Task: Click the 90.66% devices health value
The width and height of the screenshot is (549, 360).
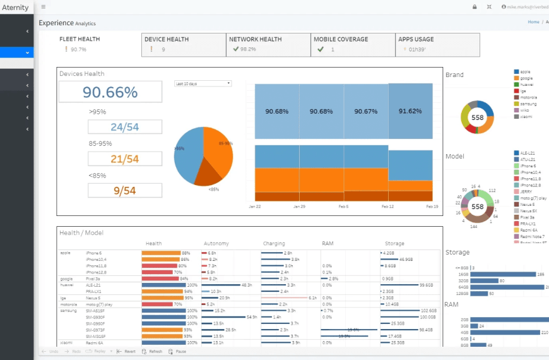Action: (x=110, y=92)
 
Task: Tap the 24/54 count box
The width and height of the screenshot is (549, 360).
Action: (x=124, y=127)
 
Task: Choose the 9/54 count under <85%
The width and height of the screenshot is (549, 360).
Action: (x=124, y=190)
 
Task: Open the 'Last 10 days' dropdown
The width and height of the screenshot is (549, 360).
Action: (x=203, y=83)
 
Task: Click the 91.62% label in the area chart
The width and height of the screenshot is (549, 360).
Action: (x=410, y=111)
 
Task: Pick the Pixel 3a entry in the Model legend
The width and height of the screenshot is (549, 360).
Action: (x=528, y=217)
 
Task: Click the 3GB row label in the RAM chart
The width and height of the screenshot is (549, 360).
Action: (x=464, y=326)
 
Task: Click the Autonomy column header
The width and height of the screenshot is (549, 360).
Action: (x=216, y=243)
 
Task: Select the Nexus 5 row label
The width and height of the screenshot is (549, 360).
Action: (x=93, y=297)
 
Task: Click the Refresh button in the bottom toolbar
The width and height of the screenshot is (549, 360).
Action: (x=152, y=351)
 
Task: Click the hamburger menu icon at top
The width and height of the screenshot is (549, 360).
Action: (x=43, y=7)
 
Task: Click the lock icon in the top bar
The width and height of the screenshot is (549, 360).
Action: (x=475, y=7)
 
